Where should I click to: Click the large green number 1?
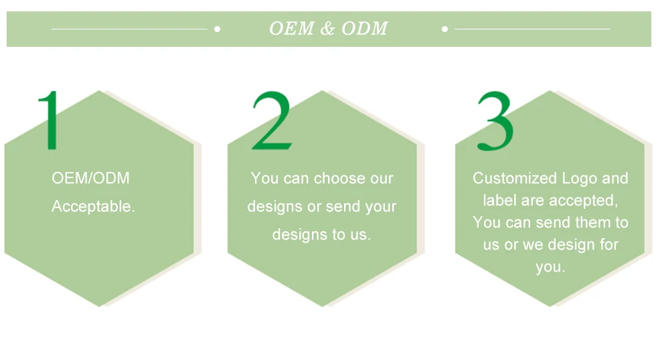click(x=49, y=120)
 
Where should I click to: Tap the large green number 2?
click(x=272, y=120)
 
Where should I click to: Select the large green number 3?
click(x=495, y=120)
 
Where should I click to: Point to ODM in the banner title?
click(x=364, y=29)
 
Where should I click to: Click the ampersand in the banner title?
click(x=327, y=29)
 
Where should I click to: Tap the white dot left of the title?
click(x=217, y=29)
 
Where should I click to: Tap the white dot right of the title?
click(x=445, y=29)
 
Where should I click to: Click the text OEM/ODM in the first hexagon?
click(x=90, y=179)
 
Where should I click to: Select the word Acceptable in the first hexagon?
click(x=93, y=207)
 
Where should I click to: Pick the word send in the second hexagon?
click(x=343, y=207)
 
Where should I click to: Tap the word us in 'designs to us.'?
click(x=359, y=235)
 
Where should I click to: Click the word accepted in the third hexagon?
click(x=584, y=201)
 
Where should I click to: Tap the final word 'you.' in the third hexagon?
click(x=550, y=267)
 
